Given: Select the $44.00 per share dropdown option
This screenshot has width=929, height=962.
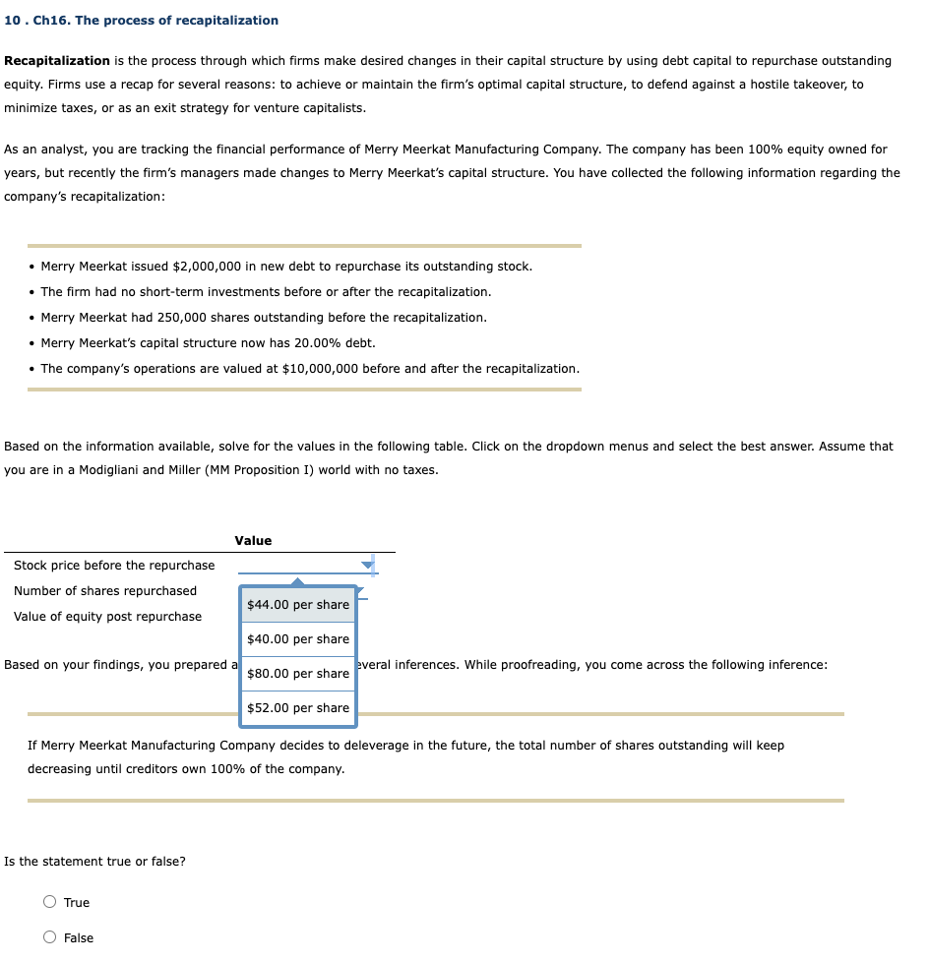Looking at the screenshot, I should coord(297,605).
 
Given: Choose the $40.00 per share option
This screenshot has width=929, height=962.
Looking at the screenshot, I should coord(297,639).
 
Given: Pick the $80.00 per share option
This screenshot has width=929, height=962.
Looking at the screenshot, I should coord(297,674).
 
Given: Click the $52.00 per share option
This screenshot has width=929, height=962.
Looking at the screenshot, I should coord(297,708).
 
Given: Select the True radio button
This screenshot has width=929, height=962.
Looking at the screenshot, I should coord(50,903).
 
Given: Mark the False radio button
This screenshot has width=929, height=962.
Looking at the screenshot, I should coord(50,938).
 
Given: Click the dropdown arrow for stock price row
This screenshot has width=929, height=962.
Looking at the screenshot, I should coord(368,566).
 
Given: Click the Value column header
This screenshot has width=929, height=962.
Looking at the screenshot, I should coord(253,541).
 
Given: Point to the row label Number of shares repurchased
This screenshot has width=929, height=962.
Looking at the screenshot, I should coord(105,591).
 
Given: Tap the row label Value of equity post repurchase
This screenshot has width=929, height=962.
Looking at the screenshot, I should coord(107,617).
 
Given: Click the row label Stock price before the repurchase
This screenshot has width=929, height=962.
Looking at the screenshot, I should coord(114,566).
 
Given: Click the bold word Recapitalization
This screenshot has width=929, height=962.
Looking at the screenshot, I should coord(57,61).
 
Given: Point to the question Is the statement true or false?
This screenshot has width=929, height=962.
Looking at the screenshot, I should coord(94,862).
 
